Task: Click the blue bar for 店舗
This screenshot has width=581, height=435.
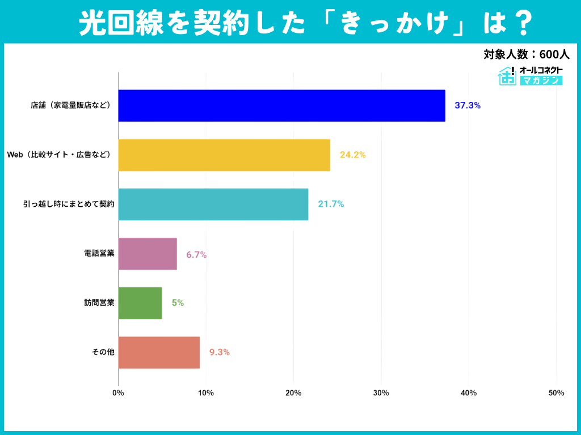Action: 281,105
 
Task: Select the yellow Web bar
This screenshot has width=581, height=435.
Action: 224,155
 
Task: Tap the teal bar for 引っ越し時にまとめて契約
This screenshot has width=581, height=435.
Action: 213,204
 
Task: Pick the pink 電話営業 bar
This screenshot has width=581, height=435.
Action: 148,254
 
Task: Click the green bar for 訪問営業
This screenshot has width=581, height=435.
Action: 140,303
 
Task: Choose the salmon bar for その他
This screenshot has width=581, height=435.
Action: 159,352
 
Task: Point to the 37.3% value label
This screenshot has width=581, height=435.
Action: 468,105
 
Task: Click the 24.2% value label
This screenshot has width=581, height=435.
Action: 352,155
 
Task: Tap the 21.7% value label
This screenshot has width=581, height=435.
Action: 331,204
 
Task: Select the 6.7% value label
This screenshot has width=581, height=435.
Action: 196,255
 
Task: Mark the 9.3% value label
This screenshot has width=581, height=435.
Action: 219,352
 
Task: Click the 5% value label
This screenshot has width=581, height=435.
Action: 178,303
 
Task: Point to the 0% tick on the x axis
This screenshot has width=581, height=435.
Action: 118,393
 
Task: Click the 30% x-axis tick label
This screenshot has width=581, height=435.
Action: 381,393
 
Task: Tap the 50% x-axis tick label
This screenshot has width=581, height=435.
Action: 556,393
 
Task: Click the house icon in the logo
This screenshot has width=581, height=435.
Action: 506,75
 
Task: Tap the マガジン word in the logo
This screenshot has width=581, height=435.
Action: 541,81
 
